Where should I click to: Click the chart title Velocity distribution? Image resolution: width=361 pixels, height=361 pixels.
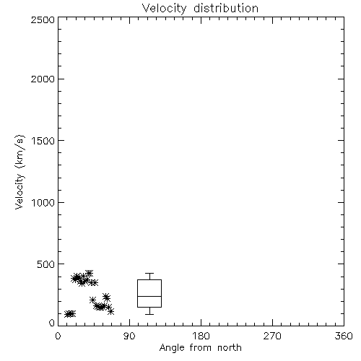click(200, 9)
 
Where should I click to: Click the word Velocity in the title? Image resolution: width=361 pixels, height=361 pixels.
click(164, 9)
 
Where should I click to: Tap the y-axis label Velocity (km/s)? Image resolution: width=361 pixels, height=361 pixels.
click(19, 172)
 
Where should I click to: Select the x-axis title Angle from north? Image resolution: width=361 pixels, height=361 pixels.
click(200, 348)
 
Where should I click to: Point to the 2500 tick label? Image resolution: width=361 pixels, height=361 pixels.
click(43, 19)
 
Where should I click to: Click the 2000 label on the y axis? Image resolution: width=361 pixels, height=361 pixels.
click(43, 79)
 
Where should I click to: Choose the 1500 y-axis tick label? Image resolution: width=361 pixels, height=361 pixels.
click(43, 141)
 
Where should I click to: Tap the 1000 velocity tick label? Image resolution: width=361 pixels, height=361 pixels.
click(43, 202)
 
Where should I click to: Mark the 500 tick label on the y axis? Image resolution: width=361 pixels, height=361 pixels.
click(46, 264)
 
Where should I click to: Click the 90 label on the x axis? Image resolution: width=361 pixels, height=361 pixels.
click(129, 336)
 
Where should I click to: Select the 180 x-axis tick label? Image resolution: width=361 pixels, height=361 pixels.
click(201, 336)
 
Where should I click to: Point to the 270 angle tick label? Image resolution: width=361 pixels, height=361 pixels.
click(272, 336)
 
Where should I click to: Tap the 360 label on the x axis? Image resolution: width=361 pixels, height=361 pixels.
click(344, 336)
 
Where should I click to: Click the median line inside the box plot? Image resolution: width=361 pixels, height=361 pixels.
click(149, 296)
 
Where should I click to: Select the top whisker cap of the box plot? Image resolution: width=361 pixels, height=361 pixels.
click(149, 273)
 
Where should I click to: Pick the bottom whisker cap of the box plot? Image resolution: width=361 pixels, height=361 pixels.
click(149, 314)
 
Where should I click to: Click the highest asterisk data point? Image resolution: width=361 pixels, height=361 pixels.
click(89, 274)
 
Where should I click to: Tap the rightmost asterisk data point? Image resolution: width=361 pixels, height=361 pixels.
click(110, 311)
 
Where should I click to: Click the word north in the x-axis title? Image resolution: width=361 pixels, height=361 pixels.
click(230, 348)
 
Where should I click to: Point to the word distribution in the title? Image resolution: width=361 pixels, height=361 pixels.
click(226, 8)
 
